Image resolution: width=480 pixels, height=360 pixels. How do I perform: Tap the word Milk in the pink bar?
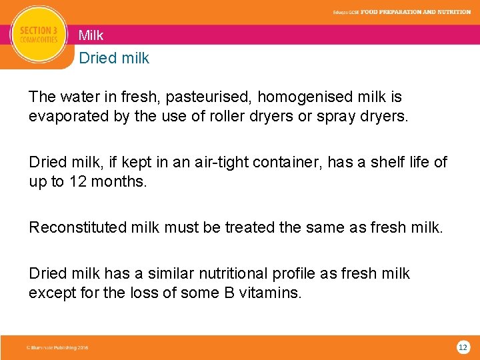91,35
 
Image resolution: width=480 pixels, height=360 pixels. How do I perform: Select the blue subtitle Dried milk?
114,58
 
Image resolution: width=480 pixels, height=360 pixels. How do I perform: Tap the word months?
121,181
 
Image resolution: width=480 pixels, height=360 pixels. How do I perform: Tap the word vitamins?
272,292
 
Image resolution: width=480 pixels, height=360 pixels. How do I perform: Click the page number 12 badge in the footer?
463,347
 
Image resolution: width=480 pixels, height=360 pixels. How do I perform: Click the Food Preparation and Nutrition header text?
415,11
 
